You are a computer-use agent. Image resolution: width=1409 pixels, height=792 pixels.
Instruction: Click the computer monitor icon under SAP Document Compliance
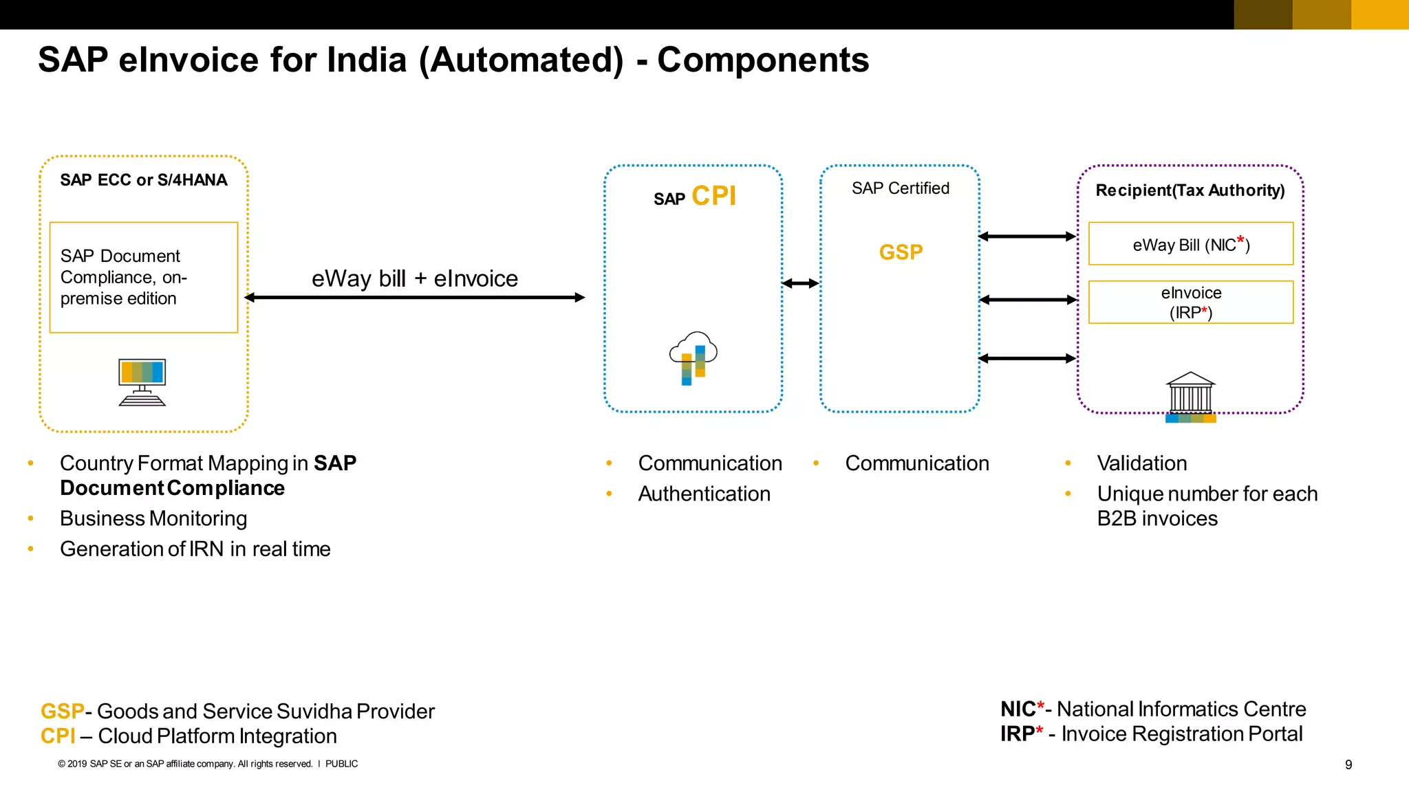click(142, 382)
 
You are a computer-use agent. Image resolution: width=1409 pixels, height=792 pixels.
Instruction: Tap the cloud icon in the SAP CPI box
click(693, 357)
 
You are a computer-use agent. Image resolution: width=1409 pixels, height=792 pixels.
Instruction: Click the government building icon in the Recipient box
click(1190, 397)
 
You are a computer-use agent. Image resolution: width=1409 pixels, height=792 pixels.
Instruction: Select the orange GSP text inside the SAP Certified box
click(901, 252)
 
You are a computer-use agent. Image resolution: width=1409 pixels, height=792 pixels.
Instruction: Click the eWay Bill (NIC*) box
click(1190, 244)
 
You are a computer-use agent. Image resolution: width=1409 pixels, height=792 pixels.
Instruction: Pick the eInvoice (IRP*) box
click(1190, 302)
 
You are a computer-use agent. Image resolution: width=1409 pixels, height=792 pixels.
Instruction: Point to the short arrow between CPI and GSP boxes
click(800, 283)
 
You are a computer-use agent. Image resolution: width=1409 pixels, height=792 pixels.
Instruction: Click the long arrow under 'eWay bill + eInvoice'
click(414, 298)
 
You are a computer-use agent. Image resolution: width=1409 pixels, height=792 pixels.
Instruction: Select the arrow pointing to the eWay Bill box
click(1026, 236)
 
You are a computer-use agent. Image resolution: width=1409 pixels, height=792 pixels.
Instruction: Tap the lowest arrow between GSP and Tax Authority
click(1026, 358)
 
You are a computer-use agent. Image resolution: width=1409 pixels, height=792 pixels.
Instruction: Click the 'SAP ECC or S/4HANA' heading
click(143, 180)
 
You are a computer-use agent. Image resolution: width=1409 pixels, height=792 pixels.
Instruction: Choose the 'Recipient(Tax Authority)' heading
click(1190, 190)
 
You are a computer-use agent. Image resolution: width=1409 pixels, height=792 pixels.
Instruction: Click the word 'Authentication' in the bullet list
click(704, 494)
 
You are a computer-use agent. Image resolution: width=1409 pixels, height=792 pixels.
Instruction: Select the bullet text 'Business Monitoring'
click(153, 518)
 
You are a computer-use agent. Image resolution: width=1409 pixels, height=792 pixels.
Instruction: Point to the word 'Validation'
click(1141, 463)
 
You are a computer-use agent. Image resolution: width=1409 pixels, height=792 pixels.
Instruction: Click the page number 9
click(1348, 764)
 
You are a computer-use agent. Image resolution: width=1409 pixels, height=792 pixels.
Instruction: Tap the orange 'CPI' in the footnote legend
click(58, 736)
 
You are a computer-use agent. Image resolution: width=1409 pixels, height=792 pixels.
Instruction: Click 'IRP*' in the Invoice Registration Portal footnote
click(1021, 734)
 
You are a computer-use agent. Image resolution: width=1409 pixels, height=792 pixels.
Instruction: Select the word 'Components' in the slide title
click(763, 60)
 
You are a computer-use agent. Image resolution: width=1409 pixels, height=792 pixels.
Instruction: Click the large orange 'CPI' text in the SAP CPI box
click(713, 197)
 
